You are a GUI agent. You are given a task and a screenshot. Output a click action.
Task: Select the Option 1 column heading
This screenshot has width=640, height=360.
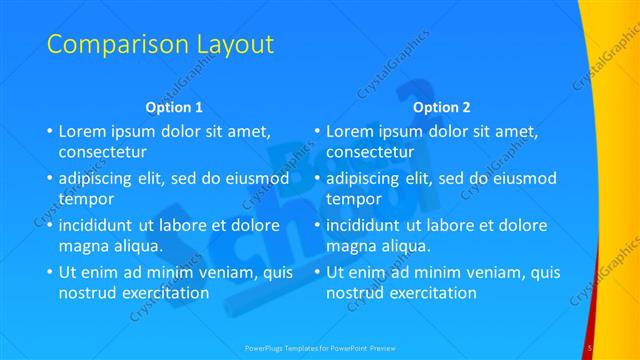[174, 106]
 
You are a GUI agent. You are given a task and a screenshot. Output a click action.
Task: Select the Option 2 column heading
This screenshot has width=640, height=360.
[441, 106]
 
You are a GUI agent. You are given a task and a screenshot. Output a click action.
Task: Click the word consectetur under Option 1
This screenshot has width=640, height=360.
[103, 152]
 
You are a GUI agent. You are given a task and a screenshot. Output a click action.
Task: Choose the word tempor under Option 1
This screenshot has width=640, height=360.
[86, 200]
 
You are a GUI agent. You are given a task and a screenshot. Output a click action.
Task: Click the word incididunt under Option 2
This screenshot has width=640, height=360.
[370, 226]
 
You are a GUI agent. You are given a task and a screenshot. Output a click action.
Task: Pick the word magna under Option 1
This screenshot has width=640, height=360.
[84, 246]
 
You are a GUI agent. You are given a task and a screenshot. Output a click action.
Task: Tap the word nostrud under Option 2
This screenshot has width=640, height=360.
[356, 293]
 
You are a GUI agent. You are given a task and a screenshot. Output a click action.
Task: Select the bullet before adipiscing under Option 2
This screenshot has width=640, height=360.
[317, 179]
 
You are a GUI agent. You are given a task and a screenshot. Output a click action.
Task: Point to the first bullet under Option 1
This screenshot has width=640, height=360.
[50, 131]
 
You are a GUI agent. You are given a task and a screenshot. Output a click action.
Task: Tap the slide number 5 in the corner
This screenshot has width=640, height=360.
[591, 348]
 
